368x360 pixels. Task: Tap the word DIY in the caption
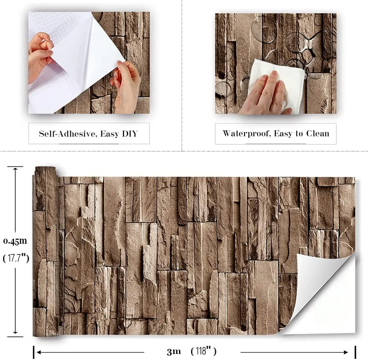[x=129, y=134]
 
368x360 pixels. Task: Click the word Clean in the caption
[x=318, y=134]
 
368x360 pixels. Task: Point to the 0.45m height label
[x=15, y=241]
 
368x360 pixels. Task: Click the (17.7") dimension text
[x=16, y=258]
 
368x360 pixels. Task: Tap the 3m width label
[x=174, y=351]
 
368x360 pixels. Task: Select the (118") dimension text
[x=203, y=351]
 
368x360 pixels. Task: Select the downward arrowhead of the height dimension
[x=15, y=331]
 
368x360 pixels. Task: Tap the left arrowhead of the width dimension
[x=39, y=352]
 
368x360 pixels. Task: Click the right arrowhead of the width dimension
[x=346, y=352]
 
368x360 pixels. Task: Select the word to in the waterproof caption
[x=299, y=134]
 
